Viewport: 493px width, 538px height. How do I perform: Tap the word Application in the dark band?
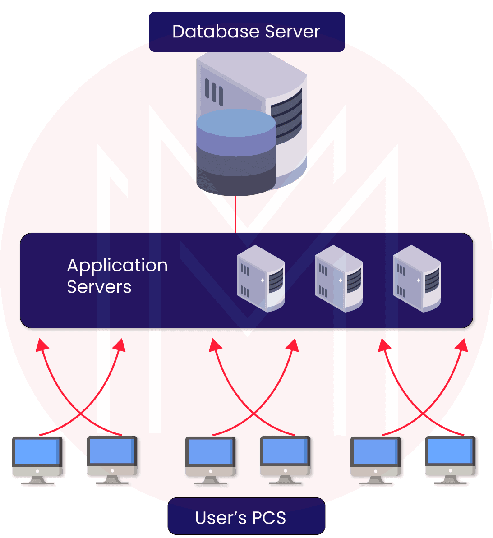pyautogui.click(x=117, y=266)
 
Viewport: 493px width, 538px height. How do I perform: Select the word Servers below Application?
pyautogui.click(x=99, y=287)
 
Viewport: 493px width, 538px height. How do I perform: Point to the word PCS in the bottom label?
pyautogui.click(x=269, y=518)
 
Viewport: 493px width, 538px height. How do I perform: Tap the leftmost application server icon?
pyautogui.click(x=261, y=278)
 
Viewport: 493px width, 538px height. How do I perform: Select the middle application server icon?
pyautogui.click(x=339, y=278)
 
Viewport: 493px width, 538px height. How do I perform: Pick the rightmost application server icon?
pyautogui.click(x=417, y=278)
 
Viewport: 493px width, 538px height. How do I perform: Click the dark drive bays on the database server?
pyautogui.click(x=286, y=115)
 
